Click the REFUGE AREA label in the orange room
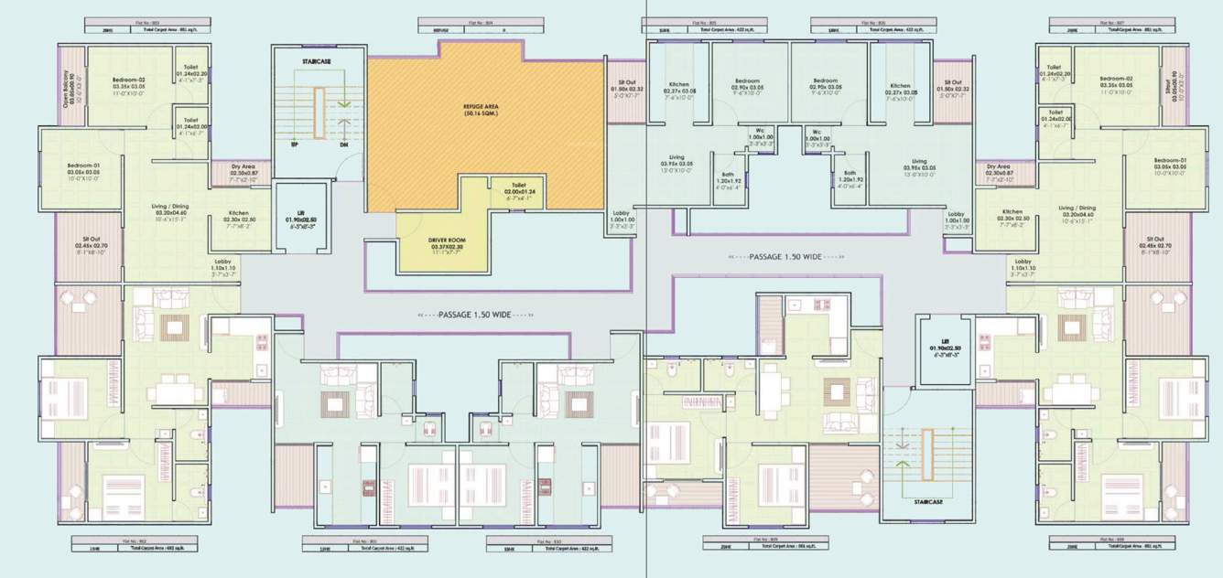click(x=486, y=106)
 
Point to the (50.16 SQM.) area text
click(x=486, y=115)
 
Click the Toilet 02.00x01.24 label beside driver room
click(x=519, y=188)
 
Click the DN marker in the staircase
click(x=344, y=144)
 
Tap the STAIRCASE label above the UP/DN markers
click(x=317, y=62)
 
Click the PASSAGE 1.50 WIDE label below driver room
click(x=474, y=314)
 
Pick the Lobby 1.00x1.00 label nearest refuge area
click(x=622, y=220)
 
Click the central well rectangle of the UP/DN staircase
click(x=319, y=113)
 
